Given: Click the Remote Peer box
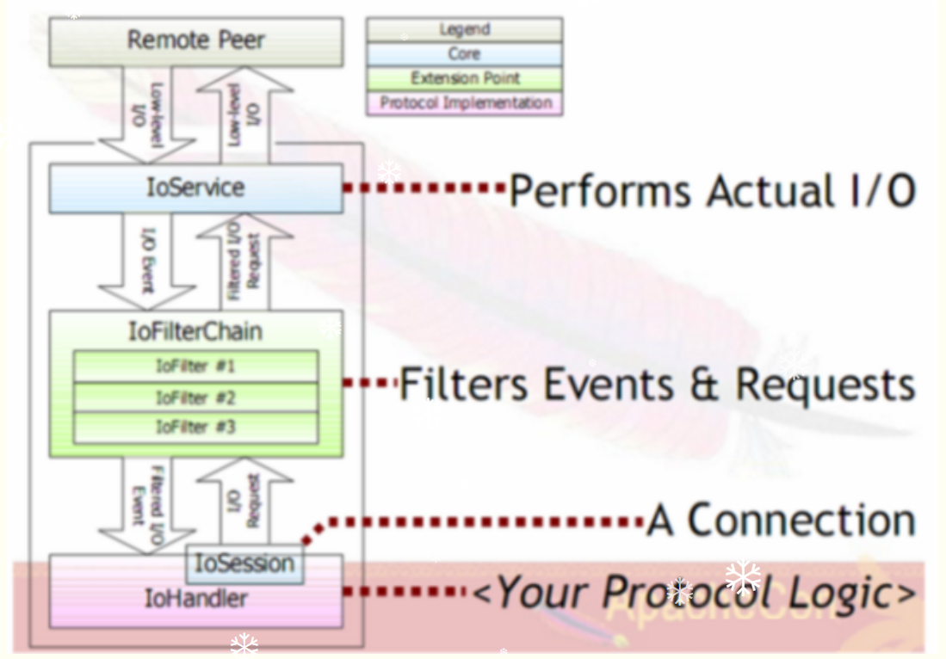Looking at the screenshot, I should (x=195, y=41).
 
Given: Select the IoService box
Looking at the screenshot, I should (x=195, y=188).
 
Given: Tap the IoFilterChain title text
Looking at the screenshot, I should (x=195, y=331).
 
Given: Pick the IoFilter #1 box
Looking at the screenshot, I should (x=195, y=366).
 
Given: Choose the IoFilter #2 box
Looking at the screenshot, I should (x=195, y=397).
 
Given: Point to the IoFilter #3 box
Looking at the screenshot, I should (x=195, y=427).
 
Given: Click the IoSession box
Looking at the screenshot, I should (x=245, y=564).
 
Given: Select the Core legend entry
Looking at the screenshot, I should (x=464, y=54).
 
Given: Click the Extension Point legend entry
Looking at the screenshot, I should (x=464, y=78).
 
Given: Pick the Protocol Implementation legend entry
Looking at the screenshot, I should (x=464, y=102).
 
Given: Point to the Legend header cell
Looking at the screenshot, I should (x=464, y=30).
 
